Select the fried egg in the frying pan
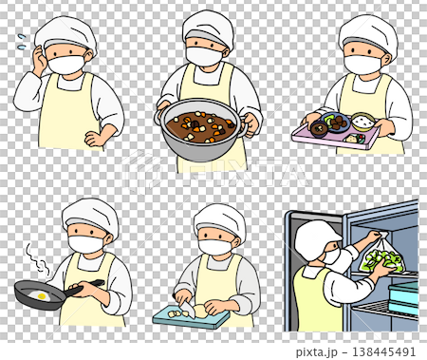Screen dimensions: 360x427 (x=42, y=296)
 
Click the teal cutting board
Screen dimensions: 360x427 (x=184, y=315)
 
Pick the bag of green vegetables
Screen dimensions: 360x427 (x=380, y=256)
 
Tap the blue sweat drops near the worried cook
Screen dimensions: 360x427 (x=24, y=41)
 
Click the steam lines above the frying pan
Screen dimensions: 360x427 (x=35, y=256)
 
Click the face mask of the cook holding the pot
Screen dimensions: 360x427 (x=203, y=55)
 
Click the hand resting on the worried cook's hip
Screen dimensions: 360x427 (x=96, y=138)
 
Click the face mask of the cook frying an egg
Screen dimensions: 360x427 (x=85, y=244)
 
